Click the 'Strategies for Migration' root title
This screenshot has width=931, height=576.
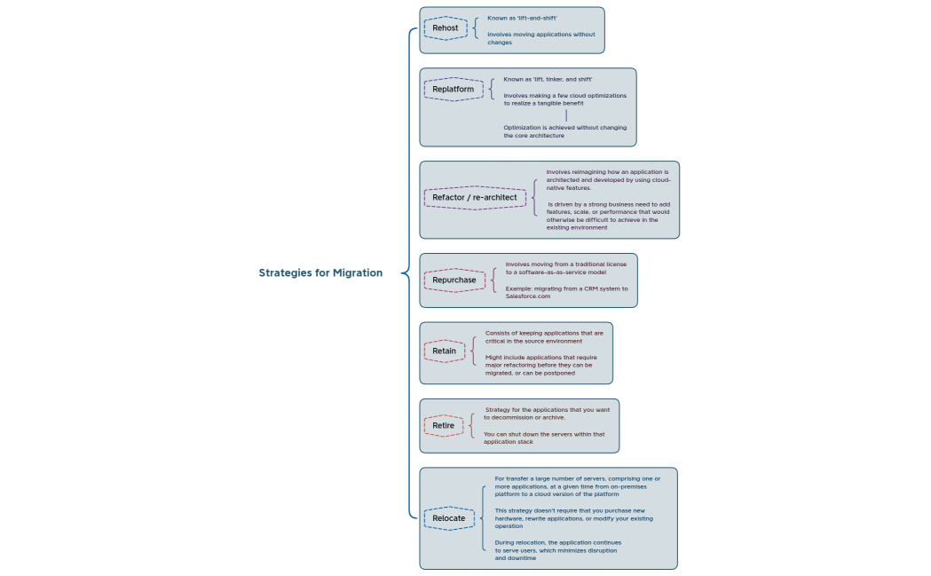click(x=320, y=272)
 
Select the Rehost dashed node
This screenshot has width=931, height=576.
click(x=445, y=28)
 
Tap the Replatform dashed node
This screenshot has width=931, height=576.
click(x=453, y=89)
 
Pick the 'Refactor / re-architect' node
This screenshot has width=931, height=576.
click(x=468, y=197)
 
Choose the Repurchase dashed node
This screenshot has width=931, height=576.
click(x=454, y=280)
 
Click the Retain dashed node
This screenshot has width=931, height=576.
click(x=444, y=351)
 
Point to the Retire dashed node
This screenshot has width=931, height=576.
click(x=443, y=425)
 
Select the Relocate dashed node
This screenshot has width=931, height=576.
click(x=448, y=517)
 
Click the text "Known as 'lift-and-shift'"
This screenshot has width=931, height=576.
click(x=523, y=18)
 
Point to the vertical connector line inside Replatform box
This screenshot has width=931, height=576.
click(x=565, y=115)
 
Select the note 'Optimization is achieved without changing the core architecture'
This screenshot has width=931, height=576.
click(x=564, y=131)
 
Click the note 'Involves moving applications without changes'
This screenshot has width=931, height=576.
click(x=540, y=38)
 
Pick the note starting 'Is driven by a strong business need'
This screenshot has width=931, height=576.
click(x=608, y=216)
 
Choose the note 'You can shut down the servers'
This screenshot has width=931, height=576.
click(x=543, y=438)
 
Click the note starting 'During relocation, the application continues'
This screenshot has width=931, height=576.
click(x=556, y=549)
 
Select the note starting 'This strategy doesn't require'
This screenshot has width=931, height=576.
click(x=572, y=518)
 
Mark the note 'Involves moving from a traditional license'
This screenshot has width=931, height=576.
click(x=565, y=267)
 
